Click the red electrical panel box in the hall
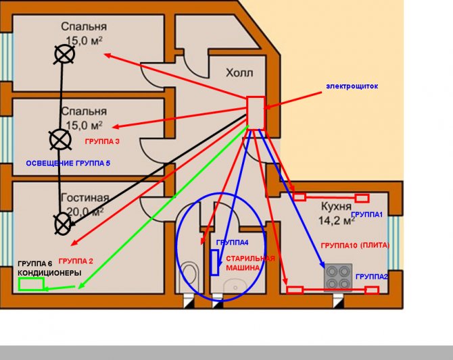[256, 112]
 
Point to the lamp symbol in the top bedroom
[64, 54]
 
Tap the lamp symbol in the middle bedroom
[60, 140]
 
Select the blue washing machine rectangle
[214, 262]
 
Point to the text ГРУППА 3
[102, 143]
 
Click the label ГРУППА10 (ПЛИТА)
[355, 245]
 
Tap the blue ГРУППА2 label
[371, 277]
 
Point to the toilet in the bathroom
[190, 277]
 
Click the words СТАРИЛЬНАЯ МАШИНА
[250, 263]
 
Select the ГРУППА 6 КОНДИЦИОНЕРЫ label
[49, 268]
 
